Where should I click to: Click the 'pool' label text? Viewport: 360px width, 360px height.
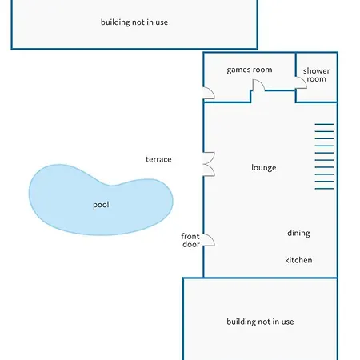tap(101, 205)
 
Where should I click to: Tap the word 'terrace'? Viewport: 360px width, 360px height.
tap(158, 159)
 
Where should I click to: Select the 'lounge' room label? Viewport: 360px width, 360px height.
tap(263, 167)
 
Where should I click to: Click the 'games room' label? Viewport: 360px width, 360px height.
tap(250, 70)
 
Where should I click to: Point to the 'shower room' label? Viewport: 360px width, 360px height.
tap(316, 74)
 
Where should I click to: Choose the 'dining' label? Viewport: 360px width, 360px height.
tap(298, 233)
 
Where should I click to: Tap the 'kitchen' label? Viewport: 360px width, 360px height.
tap(298, 260)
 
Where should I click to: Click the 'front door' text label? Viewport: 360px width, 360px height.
tap(190, 240)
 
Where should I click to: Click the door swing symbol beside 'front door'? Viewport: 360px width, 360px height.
tap(209, 240)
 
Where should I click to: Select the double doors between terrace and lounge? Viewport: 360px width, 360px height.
tap(209, 164)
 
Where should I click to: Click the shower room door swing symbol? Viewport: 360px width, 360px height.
tap(301, 82)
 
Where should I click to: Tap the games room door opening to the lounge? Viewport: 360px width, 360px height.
tap(258, 86)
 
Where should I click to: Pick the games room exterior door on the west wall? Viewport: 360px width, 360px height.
tap(209, 93)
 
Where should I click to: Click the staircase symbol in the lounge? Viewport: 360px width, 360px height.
tap(324, 157)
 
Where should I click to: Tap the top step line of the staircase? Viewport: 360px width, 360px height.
tap(324, 124)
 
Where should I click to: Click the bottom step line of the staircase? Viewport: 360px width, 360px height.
tap(324, 189)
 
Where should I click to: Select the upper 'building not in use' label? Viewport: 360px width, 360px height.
tap(134, 22)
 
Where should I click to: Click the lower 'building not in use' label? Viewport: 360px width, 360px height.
tap(260, 322)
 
